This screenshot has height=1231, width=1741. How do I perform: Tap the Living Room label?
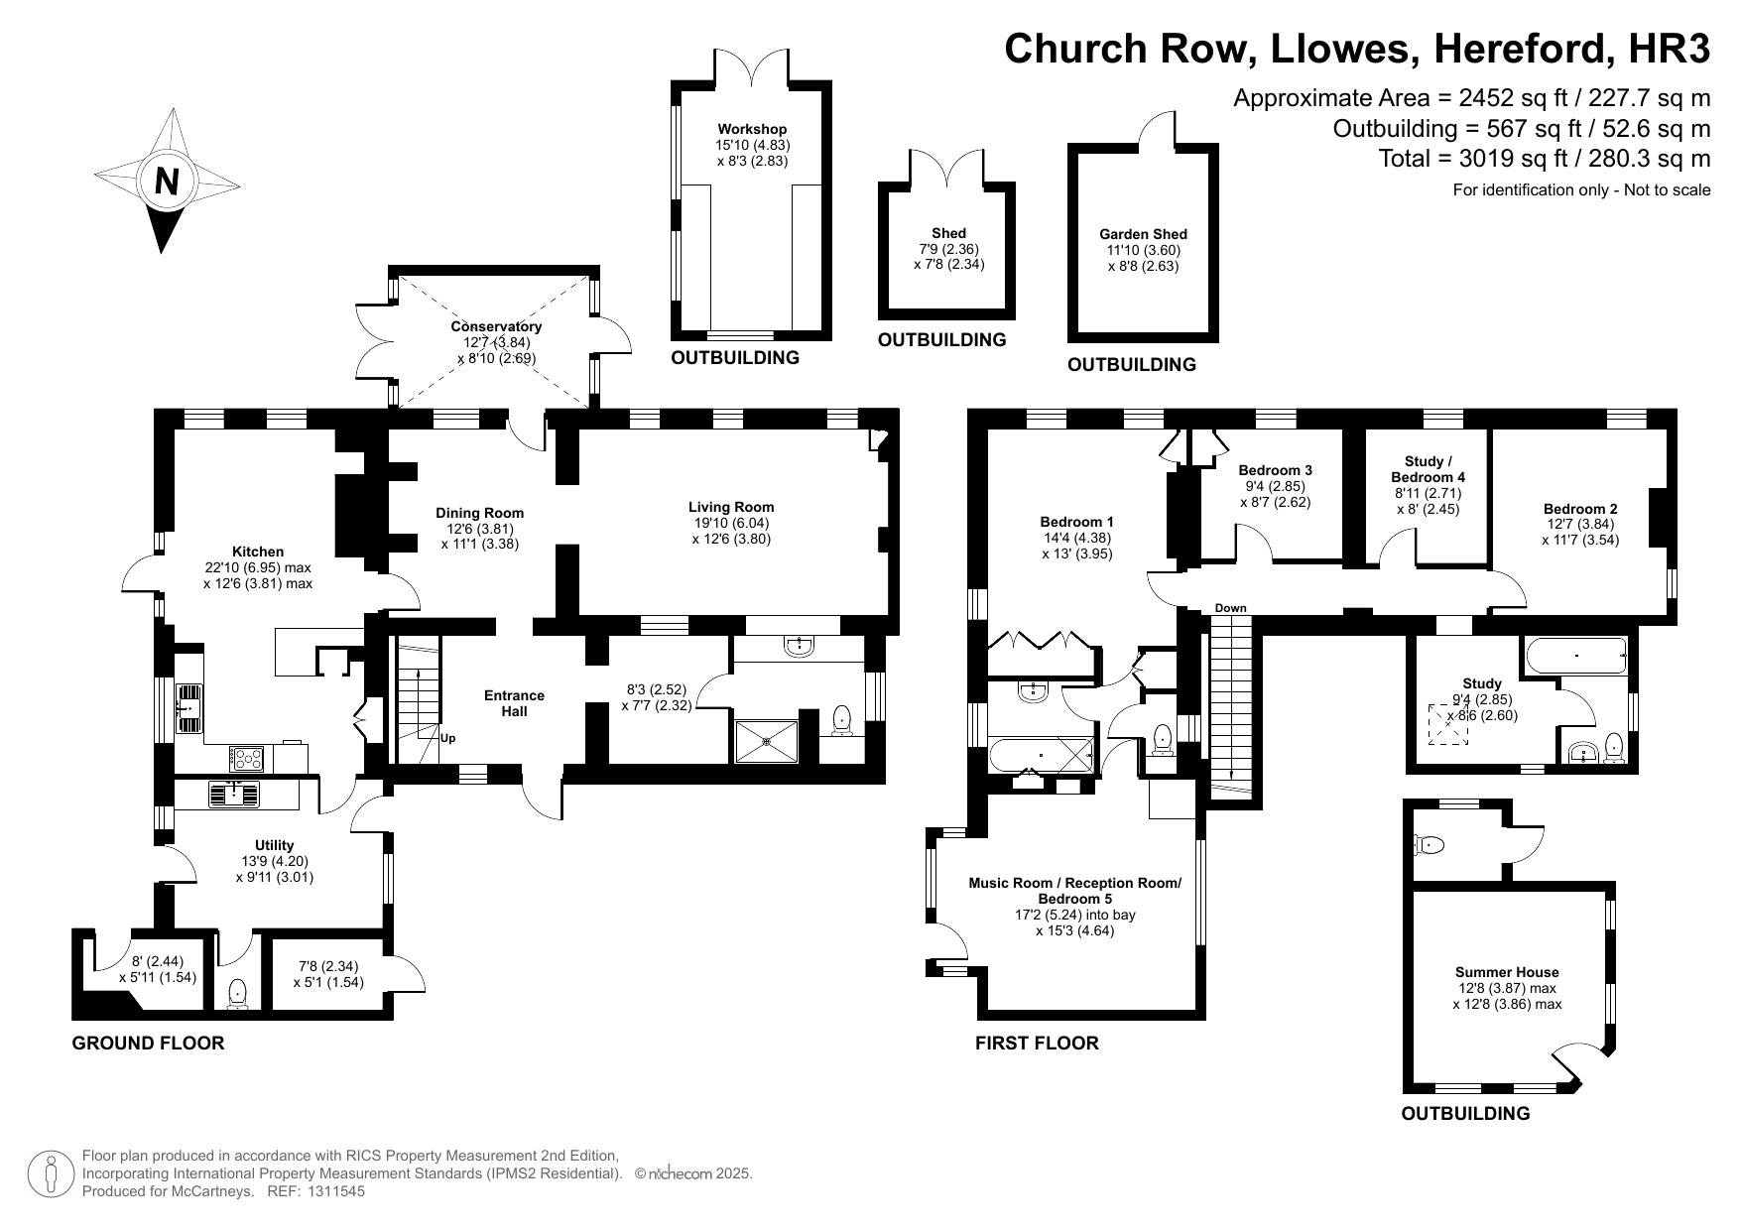point(731,507)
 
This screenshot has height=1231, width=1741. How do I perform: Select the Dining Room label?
point(480,513)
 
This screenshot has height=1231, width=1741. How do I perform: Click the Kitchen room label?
point(258,552)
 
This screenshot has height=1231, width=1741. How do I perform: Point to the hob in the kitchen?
point(246,758)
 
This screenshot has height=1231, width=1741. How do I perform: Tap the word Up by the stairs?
point(448,738)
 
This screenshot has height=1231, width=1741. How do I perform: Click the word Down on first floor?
point(1230,608)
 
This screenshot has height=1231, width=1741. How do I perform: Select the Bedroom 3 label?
point(1276,470)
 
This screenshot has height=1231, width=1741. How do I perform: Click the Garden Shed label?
point(1143,234)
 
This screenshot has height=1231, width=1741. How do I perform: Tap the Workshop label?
point(752,129)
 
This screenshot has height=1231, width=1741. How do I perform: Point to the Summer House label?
point(1507,972)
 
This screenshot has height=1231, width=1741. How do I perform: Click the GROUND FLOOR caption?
point(149,1043)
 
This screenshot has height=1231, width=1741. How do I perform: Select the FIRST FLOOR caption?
point(1038,1043)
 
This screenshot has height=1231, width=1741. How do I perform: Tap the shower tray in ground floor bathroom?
point(766,742)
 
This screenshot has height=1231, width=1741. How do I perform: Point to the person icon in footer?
point(51,1174)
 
